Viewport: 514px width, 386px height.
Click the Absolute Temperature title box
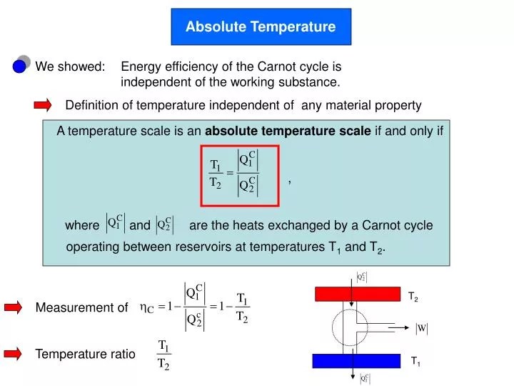coord(261,27)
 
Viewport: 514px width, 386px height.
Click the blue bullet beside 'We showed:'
coord(20,66)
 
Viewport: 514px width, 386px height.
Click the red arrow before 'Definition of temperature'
coord(43,106)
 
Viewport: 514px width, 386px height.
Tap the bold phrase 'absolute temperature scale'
coord(288,131)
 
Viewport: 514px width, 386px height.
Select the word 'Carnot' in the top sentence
coord(284,66)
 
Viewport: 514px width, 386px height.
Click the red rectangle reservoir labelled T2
coord(358,294)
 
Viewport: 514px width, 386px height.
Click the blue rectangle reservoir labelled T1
coord(358,360)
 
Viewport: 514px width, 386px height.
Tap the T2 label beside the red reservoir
coord(413,296)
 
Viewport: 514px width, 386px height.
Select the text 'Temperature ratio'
coord(85,354)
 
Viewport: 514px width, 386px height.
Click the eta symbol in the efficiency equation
coord(146,308)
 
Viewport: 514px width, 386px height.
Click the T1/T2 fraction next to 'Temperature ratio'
coord(163,355)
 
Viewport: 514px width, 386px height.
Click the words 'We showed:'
coord(71,66)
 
